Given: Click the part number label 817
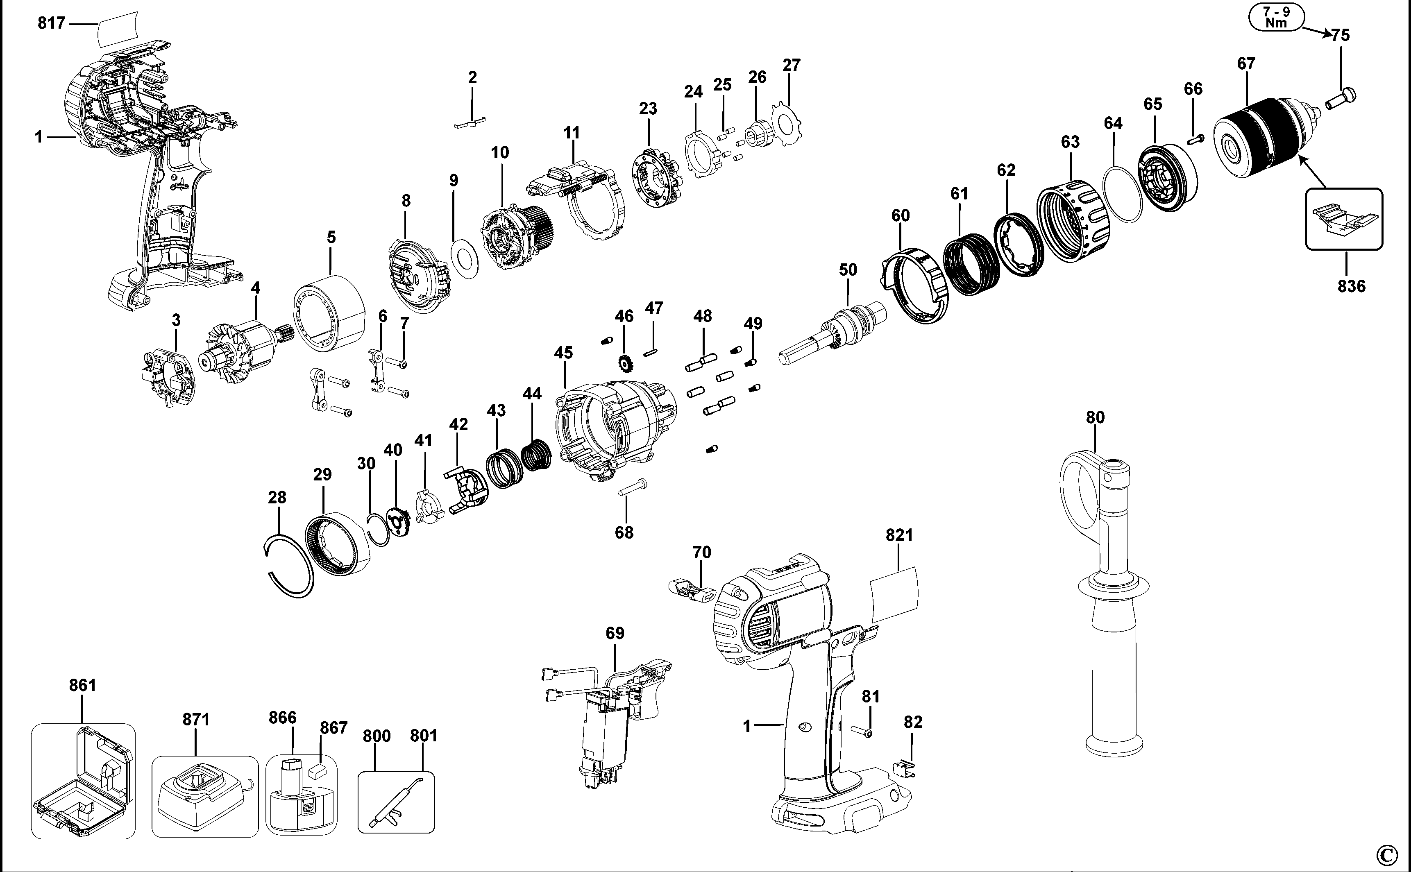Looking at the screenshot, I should pos(51,24).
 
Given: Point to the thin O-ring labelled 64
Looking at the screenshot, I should pos(1122,195).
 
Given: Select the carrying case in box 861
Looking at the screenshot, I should pos(82,781).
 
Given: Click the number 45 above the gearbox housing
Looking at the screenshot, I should pos(563,352).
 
